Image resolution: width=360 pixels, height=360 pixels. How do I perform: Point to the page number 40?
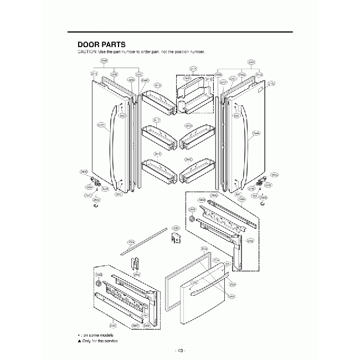click(x=179, y=349)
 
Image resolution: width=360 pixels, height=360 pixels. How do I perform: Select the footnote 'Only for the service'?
click(x=99, y=341)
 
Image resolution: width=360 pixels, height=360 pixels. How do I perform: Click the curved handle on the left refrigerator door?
click(x=114, y=138)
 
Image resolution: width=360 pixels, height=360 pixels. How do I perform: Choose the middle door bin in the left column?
click(x=157, y=136)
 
